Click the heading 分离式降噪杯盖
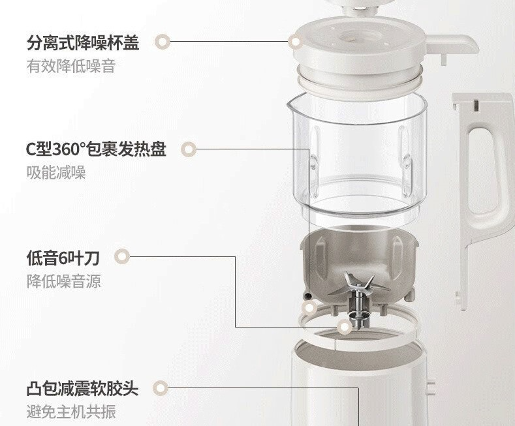point(83,42)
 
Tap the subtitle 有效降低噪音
point(71,67)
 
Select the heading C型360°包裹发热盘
point(96,149)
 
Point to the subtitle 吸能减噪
point(56,172)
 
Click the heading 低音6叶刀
point(63,257)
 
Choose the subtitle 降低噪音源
point(64,281)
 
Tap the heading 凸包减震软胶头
point(82,389)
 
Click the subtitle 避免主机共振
point(71,412)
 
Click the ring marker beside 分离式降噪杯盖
point(163,42)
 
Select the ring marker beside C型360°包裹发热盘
point(189,149)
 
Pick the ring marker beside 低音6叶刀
point(122,256)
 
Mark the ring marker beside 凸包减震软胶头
point(161,388)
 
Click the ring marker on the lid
point(296,42)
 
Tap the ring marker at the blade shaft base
point(344,327)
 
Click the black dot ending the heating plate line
point(308,296)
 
